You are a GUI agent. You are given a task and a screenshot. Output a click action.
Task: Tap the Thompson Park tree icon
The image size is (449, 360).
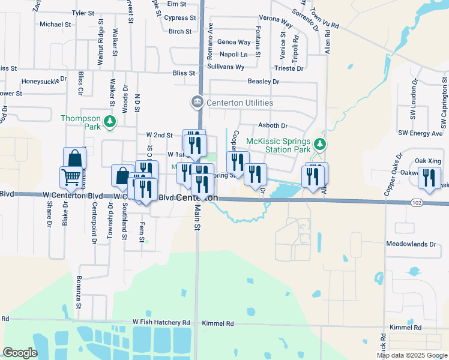110,122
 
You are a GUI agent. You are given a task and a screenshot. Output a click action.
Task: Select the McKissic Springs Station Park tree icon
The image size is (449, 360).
321,145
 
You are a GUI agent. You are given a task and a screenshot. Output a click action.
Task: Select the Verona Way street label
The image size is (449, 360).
276,22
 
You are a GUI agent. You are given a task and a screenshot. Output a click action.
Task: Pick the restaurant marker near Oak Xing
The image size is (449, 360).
429,178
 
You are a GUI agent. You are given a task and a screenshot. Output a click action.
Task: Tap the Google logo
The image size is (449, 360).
20,353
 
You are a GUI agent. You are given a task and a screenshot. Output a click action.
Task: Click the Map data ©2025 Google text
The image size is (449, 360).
411,355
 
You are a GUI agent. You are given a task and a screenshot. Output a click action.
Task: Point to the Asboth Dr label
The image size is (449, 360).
273,126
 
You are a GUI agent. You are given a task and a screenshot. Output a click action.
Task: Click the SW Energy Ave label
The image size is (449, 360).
420,133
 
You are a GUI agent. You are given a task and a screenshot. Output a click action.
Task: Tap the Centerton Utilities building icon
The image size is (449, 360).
197,103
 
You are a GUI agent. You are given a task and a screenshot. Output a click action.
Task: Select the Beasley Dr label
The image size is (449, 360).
264,82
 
